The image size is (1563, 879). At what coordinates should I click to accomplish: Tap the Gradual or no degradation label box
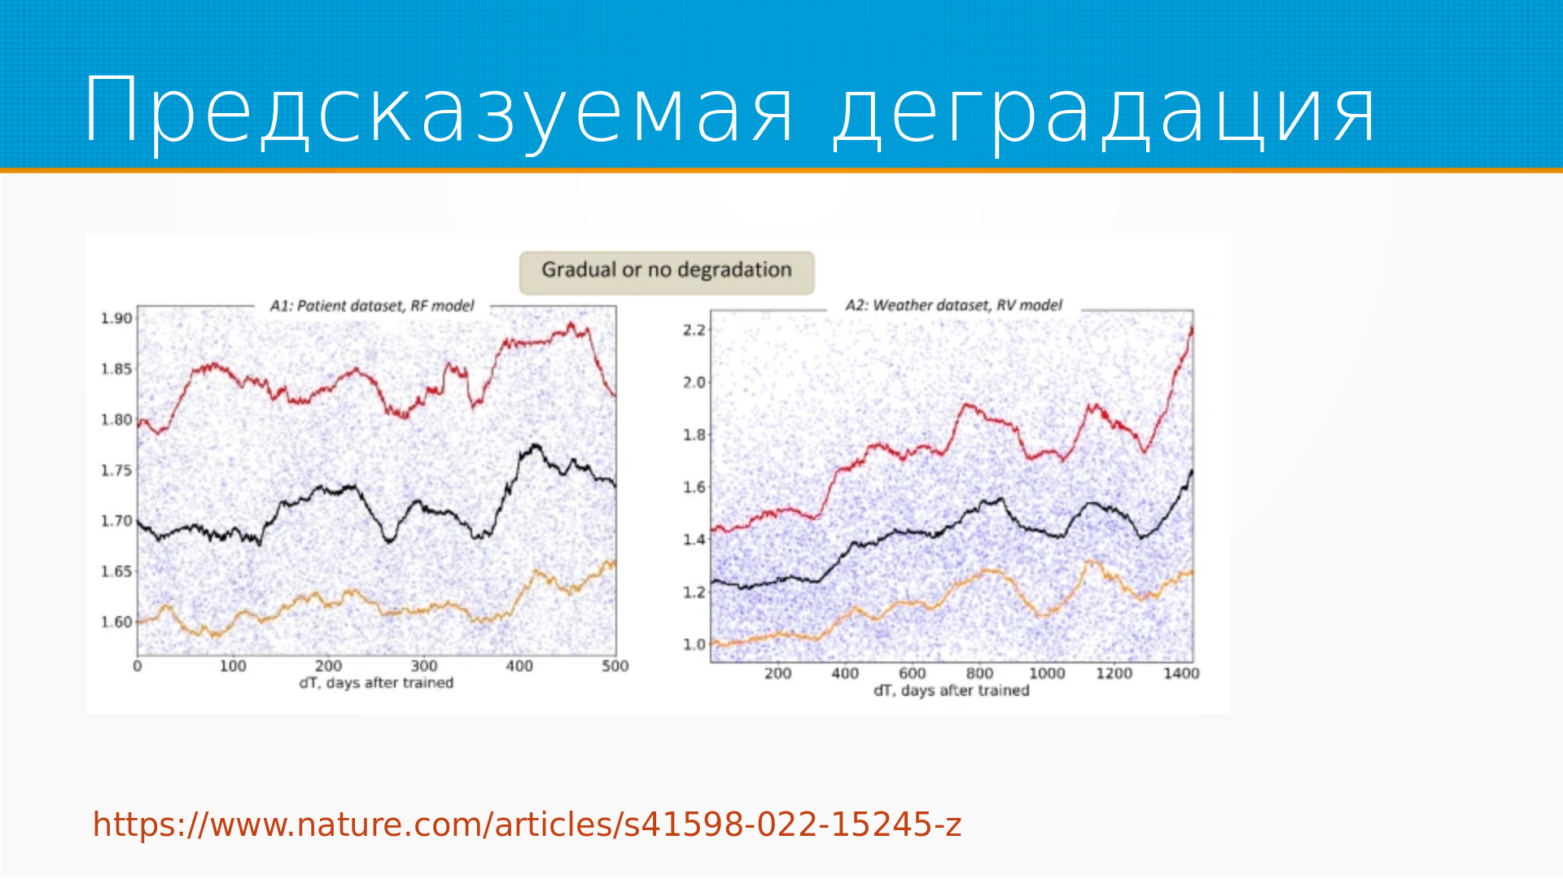pyautogui.click(x=667, y=272)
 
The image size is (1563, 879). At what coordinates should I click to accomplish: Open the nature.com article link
pyautogui.click(x=528, y=824)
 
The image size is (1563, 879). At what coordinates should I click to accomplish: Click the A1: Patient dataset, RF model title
pyautogui.click(x=372, y=306)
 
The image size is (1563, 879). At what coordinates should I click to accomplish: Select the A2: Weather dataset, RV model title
pyautogui.click(x=953, y=305)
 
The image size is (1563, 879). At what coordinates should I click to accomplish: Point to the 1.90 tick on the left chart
pyautogui.click(x=116, y=318)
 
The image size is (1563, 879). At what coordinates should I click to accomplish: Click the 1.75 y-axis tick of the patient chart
pyautogui.click(x=116, y=470)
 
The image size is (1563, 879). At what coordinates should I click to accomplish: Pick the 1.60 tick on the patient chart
pyautogui.click(x=116, y=622)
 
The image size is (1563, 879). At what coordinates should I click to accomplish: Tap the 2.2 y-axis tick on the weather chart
pyautogui.click(x=694, y=330)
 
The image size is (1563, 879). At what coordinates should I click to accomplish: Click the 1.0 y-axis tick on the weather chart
pyautogui.click(x=694, y=644)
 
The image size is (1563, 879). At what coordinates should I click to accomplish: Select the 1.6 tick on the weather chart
pyautogui.click(x=694, y=487)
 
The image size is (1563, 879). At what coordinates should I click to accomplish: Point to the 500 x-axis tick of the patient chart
pyautogui.click(x=615, y=666)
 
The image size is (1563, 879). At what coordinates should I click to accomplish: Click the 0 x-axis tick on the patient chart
pyautogui.click(x=138, y=666)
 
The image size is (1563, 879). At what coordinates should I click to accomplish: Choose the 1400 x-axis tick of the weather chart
pyautogui.click(x=1181, y=673)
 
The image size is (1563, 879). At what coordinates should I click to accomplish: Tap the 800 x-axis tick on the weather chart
pyautogui.click(x=979, y=673)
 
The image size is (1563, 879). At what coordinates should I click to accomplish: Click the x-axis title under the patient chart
pyautogui.click(x=376, y=683)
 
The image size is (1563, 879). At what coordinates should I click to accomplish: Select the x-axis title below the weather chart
pyautogui.click(x=952, y=690)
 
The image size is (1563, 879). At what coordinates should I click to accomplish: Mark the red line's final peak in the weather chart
pyautogui.click(x=1192, y=327)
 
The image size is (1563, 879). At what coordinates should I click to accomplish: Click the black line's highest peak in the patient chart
pyautogui.click(x=536, y=445)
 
